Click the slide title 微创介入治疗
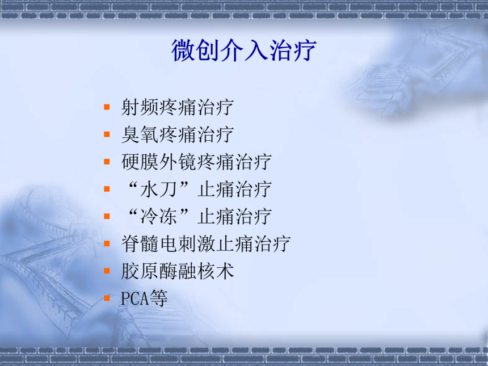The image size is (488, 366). (x=243, y=51)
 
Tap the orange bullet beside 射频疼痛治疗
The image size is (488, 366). (x=107, y=107)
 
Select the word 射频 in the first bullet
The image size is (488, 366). (x=140, y=107)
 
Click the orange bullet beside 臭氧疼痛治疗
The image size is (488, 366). (x=107, y=134)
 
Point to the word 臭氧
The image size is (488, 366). (x=140, y=134)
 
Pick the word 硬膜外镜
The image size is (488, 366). (x=158, y=162)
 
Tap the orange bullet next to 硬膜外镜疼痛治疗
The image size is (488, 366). (x=107, y=162)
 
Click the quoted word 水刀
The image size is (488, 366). (x=158, y=189)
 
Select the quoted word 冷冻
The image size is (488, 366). (x=158, y=216)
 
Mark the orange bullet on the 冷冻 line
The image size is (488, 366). (x=107, y=216)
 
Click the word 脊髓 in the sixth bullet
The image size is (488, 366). (x=140, y=243)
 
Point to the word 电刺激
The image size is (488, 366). (x=187, y=243)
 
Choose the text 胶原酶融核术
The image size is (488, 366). (x=178, y=271)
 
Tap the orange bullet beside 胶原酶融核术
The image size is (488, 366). (x=107, y=271)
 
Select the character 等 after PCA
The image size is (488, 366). (x=158, y=298)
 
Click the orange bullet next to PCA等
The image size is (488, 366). (x=107, y=298)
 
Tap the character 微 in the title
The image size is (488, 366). (x=183, y=51)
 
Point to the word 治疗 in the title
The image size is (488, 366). (x=293, y=51)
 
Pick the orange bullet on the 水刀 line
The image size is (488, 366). (x=107, y=189)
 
